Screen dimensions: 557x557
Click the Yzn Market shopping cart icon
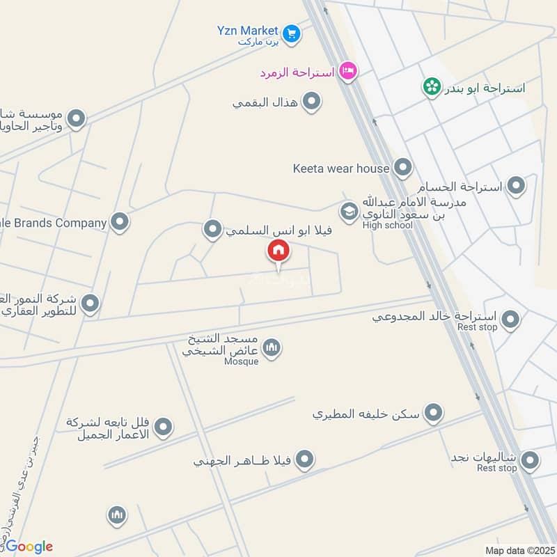pyautogui.click(x=291, y=32)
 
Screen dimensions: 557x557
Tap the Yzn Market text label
pyautogui.click(x=246, y=31)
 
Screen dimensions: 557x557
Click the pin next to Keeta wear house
pyautogui.click(x=402, y=167)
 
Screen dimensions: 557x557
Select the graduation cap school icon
pyautogui.click(x=348, y=210)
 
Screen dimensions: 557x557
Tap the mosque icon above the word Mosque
pyautogui.click(x=272, y=347)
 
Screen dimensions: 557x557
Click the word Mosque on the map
pyautogui.click(x=242, y=361)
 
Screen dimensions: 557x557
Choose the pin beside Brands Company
pyautogui.click(x=120, y=222)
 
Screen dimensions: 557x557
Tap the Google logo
pyautogui.click(x=29, y=547)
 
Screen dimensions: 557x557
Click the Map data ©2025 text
pyautogui.click(x=519, y=551)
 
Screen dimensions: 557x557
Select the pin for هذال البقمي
pyautogui.click(x=313, y=102)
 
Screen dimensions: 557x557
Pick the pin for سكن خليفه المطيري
pyautogui.click(x=434, y=413)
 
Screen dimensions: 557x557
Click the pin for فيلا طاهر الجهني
pyautogui.click(x=304, y=460)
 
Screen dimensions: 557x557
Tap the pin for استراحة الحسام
pyautogui.click(x=516, y=185)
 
